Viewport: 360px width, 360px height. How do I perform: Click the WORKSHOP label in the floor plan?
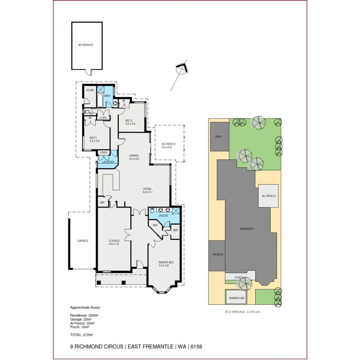[x=86, y=45]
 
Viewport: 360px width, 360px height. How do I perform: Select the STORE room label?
[x=90, y=90]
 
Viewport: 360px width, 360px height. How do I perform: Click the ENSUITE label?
[x=164, y=216]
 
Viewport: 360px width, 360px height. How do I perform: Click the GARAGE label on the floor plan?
[x=83, y=241]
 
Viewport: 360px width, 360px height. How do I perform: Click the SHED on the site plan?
[x=218, y=137]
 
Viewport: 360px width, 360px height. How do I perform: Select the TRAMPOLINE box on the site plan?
[x=236, y=298]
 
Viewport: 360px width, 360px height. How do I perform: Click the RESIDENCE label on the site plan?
[x=247, y=229]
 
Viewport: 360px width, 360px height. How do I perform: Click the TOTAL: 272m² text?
[x=81, y=334]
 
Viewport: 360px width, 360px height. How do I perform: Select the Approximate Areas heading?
[x=86, y=308]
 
